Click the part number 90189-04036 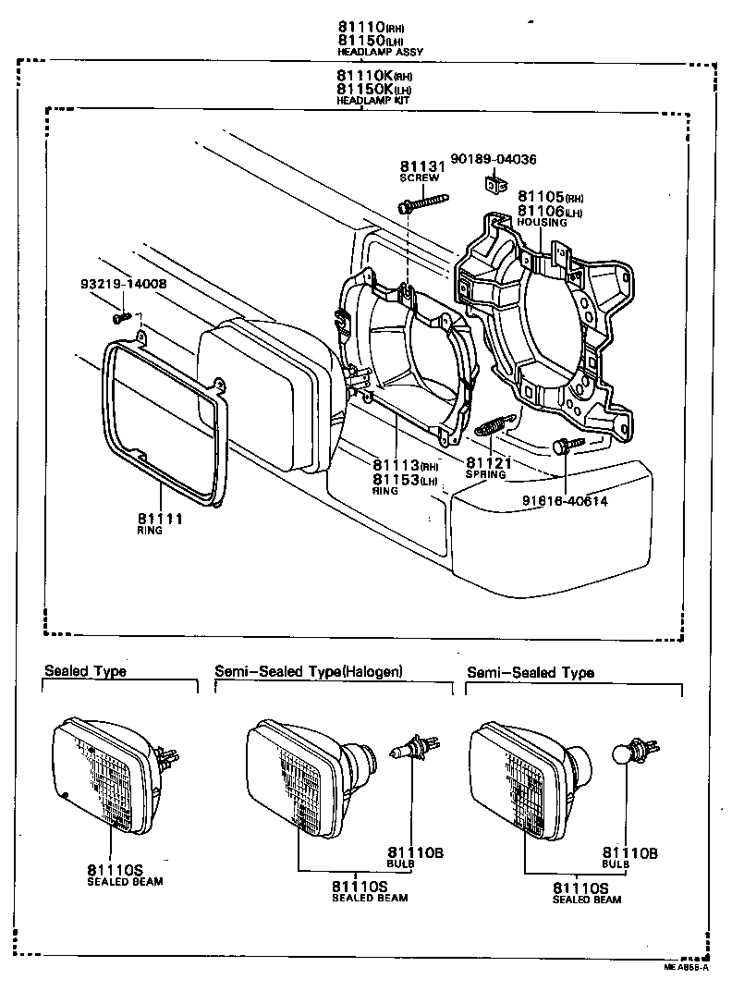coord(494,159)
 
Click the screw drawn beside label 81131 coord(422,202)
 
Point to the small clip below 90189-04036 coord(494,185)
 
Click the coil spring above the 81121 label coord(493,426)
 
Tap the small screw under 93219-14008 coord(122,317)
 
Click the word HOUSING coord(543,223)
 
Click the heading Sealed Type coord(85,671)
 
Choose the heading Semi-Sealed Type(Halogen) coord(309,671)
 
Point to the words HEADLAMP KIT coord(374,100)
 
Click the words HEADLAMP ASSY coord(379,53)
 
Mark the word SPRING coord(485,475)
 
